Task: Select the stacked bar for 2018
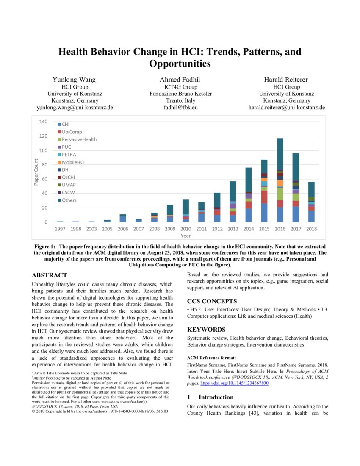pos(311,202)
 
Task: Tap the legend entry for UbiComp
pos(72,132)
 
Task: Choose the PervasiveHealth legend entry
pos(79,139)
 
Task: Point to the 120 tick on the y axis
pos(43,136)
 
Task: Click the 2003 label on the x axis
pos(92,229)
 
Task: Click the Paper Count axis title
pos(36,172)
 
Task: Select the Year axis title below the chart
pos(186,236)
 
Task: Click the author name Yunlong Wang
pos(74,80)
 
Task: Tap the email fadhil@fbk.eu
pos(181,108)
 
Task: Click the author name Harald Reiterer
pos(286,80)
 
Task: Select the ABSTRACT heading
pos(50,275)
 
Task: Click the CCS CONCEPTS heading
pos(212,301)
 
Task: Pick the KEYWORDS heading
pos(206,329)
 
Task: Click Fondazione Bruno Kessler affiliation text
pos(181,94)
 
